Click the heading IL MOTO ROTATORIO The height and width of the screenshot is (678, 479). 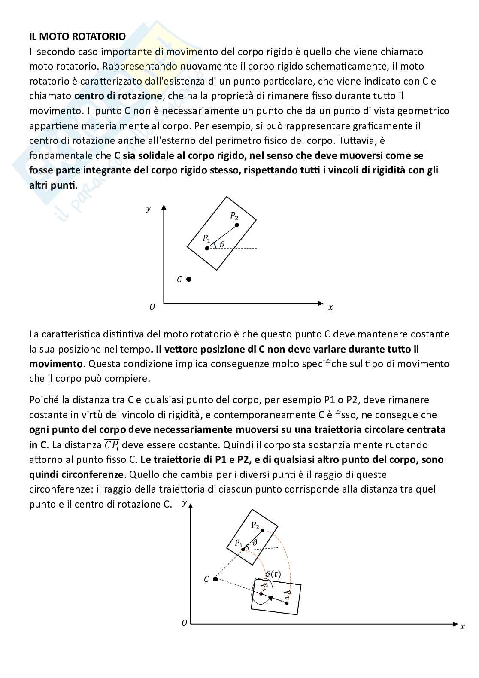coord(77,36)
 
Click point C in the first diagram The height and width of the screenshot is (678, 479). coord(188,279)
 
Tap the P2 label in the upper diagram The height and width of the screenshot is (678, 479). coord(234,216)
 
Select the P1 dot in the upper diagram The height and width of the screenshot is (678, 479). coord(207,249)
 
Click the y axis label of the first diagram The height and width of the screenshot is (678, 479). coord(149,209)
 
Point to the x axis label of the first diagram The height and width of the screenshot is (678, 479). coord(330,307)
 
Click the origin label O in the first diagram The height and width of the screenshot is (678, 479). coord(152,307)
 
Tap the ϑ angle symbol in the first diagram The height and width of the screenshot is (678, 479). coord(221,245)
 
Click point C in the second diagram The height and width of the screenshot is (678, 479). coord(215,579)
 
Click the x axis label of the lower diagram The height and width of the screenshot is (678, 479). coord(462,626)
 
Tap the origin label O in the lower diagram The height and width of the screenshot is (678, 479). coord(184,623)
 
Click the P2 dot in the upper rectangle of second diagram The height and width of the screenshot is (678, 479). coord(263,530)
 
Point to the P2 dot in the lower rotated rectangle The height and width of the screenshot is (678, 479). coord(287,603)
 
